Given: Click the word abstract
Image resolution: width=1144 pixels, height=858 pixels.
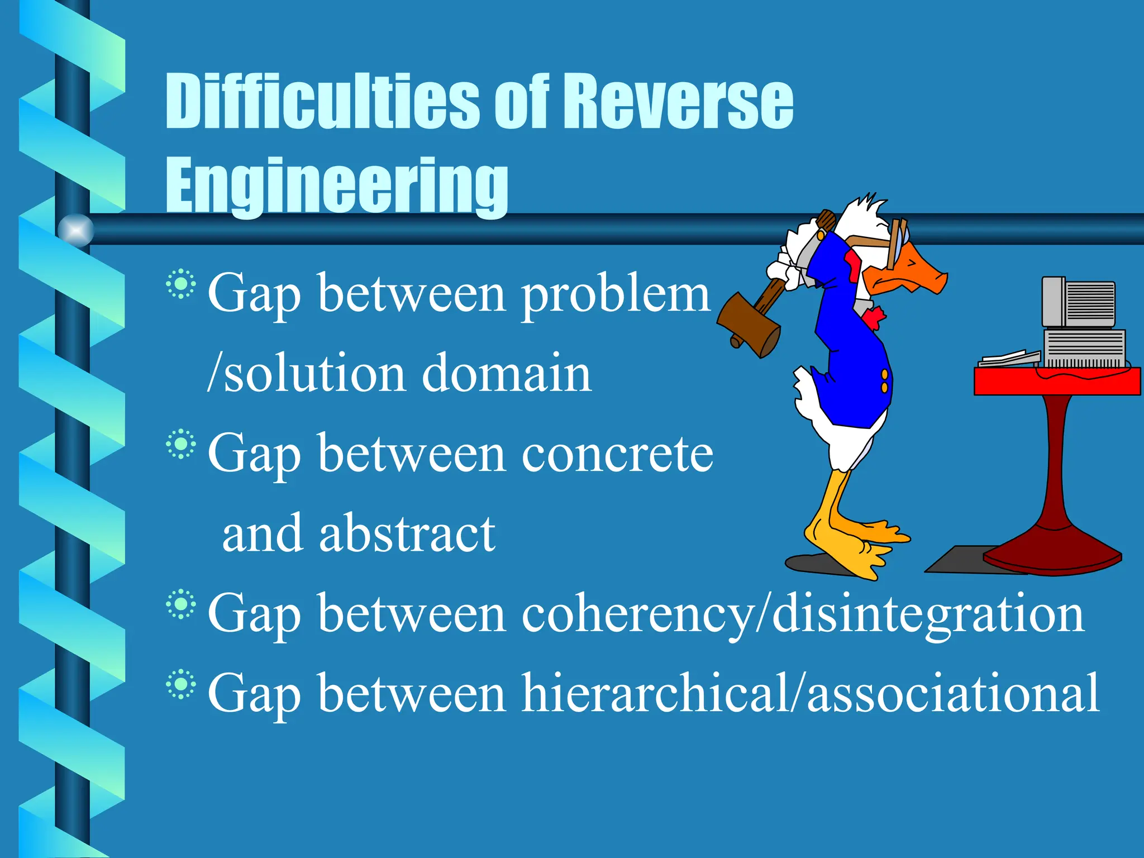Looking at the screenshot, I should click(x=407, y=533).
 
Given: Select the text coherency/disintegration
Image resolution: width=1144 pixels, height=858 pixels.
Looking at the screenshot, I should click(x=803, y=614).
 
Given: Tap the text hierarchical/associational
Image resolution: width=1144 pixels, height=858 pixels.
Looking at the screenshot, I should click(x=810, y=693).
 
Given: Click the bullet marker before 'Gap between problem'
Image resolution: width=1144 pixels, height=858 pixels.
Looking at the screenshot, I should click(x=180, y=284).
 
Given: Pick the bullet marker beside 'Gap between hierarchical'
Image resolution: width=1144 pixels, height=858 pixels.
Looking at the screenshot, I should click(x=180, y=684).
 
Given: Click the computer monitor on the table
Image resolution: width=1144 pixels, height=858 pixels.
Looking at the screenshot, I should click(x=1079, y=302).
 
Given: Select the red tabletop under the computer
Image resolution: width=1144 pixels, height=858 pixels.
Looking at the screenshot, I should click(x=1056, y=382).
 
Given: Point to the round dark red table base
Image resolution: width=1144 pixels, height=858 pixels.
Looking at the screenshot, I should click(x=1053, y=553).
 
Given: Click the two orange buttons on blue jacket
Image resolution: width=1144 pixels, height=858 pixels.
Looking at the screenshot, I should click(x=884, y=380).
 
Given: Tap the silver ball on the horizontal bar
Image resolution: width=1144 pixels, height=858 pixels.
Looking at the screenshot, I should click(x=76, y=230).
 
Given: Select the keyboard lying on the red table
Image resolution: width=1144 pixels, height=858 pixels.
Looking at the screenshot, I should click(x=1009, y=358).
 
